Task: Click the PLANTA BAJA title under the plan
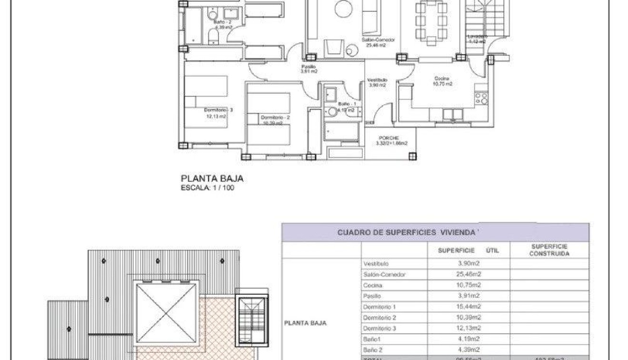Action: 212,179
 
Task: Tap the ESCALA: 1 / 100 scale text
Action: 207,188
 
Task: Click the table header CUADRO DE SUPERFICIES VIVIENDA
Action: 407,232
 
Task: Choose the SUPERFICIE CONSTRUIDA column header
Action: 549,250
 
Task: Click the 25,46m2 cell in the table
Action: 469,274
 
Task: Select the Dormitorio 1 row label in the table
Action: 379,307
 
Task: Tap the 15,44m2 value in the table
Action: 469,307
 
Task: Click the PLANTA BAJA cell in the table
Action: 305,323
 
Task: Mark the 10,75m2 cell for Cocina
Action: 469,285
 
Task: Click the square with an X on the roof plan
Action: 166,313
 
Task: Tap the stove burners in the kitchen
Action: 482,99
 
